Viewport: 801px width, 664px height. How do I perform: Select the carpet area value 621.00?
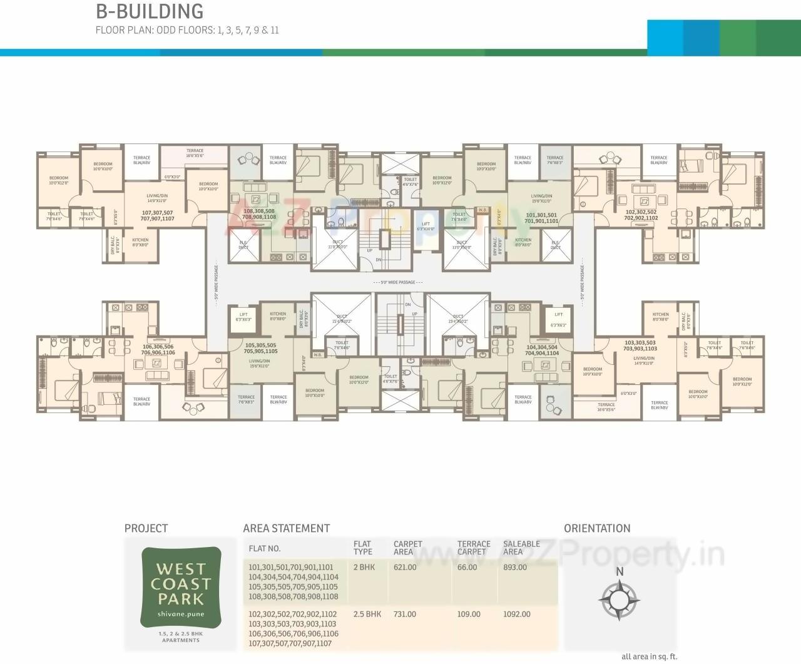coord(405,568)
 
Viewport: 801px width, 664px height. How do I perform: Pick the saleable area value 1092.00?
coord(516,615)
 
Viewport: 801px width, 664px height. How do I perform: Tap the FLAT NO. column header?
coord(265,549)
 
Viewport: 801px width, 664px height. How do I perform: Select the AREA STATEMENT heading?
coord(286,528)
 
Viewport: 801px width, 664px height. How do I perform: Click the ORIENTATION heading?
coord(597,528)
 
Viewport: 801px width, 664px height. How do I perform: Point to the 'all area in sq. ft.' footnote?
coord(649,656)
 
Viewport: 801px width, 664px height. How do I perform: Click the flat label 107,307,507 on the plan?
coord(157,216)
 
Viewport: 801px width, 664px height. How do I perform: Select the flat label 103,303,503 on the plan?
coord(640,345)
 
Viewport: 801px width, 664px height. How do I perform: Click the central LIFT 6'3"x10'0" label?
coord(426,227)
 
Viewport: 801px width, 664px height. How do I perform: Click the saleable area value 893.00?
coord(514,568)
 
